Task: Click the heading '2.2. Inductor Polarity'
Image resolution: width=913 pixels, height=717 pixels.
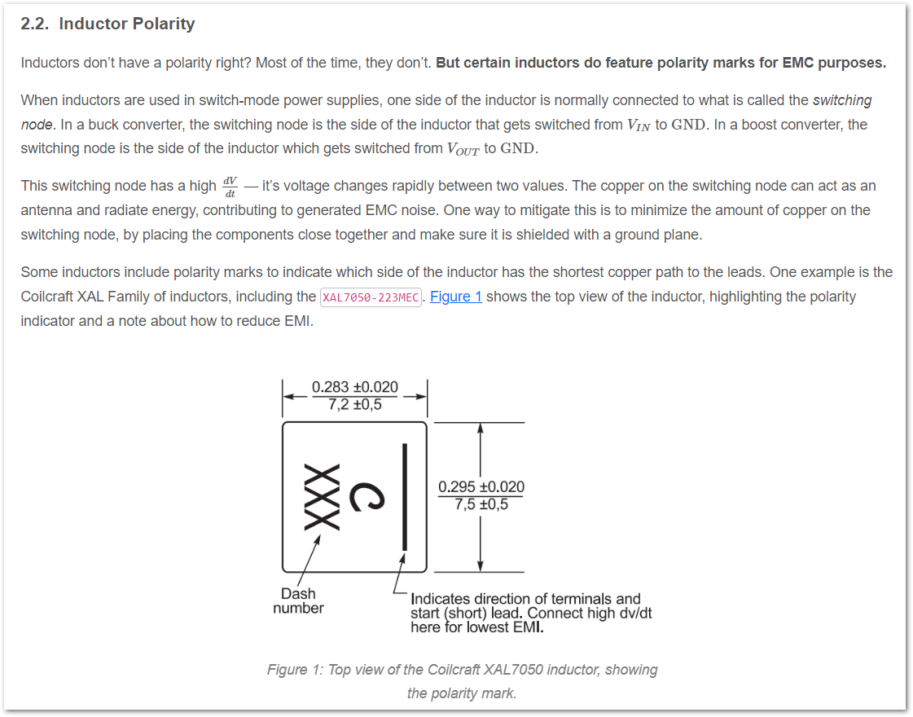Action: click(x=108, y=24)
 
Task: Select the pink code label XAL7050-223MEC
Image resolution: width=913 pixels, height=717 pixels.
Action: click(x=371, y=297)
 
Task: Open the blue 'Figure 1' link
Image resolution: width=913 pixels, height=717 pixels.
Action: click(x=455, y=297)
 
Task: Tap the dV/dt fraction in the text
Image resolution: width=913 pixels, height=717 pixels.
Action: click(x=230, y=186)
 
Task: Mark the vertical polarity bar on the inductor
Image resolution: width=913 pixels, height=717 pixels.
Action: click(x=402, y=497)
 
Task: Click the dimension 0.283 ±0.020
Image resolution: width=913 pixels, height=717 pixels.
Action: click(x=355, y=387)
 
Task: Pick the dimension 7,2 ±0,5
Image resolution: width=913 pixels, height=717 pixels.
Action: click(x=355, y=403)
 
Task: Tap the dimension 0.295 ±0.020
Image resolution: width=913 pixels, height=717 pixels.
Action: click(x=481, y=487)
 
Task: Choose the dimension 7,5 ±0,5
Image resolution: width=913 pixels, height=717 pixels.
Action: click(x=481, y=504)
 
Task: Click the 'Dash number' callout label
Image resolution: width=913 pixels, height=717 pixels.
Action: click(x=298, y=600)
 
